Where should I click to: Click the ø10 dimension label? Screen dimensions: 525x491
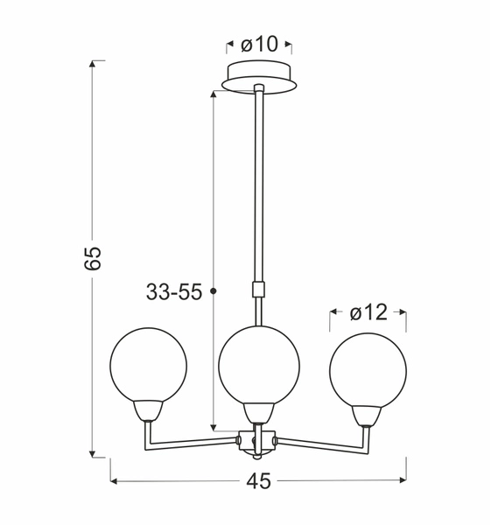point(259,45)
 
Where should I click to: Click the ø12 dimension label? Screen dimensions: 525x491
point(368,312)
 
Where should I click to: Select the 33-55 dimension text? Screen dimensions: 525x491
point(173,292)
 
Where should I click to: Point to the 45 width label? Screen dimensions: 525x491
point(258,480)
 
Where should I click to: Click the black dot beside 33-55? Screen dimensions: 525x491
point(214,290)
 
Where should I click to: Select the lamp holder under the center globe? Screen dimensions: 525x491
point(258,411)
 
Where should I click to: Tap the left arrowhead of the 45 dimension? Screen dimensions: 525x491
point(115,480)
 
